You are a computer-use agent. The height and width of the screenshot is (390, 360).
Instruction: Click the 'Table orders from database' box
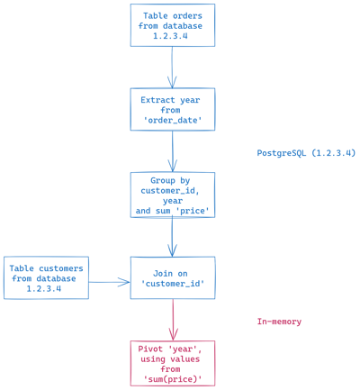(x=172, y=25)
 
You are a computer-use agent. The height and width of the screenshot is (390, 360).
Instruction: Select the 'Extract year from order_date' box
(x=172, y=109)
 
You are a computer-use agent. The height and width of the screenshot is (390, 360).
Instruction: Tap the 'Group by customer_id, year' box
(x=172, y=195)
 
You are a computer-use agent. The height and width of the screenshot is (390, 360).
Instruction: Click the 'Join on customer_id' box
(x=172, y=277)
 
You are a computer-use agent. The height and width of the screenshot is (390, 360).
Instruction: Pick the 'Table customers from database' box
(x=46, y=277)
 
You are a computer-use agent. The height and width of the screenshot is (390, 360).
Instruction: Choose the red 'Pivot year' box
(x=172, y=362)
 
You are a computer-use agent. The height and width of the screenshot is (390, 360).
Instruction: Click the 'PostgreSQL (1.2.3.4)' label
(x=306, y=153)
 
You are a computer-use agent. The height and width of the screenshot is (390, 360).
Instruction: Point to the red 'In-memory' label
(x=279, y=322)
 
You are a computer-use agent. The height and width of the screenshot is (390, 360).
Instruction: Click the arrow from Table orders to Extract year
(x=172, y=67)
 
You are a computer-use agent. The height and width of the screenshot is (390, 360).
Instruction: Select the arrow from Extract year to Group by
(x=172, y=151)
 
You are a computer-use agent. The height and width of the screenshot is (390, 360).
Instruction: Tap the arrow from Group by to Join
(x=172, y=236)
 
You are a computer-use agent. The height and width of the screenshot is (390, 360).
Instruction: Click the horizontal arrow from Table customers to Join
(x=109, y=282)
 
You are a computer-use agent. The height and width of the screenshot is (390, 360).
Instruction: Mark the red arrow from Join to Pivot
(x=173, y=320)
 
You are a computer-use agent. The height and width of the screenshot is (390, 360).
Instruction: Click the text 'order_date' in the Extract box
(x=173, y=120)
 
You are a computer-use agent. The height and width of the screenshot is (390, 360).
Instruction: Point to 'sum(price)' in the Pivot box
(x=173, y=379)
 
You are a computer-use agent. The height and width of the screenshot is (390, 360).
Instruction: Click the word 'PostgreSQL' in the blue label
(x=283, y=153)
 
